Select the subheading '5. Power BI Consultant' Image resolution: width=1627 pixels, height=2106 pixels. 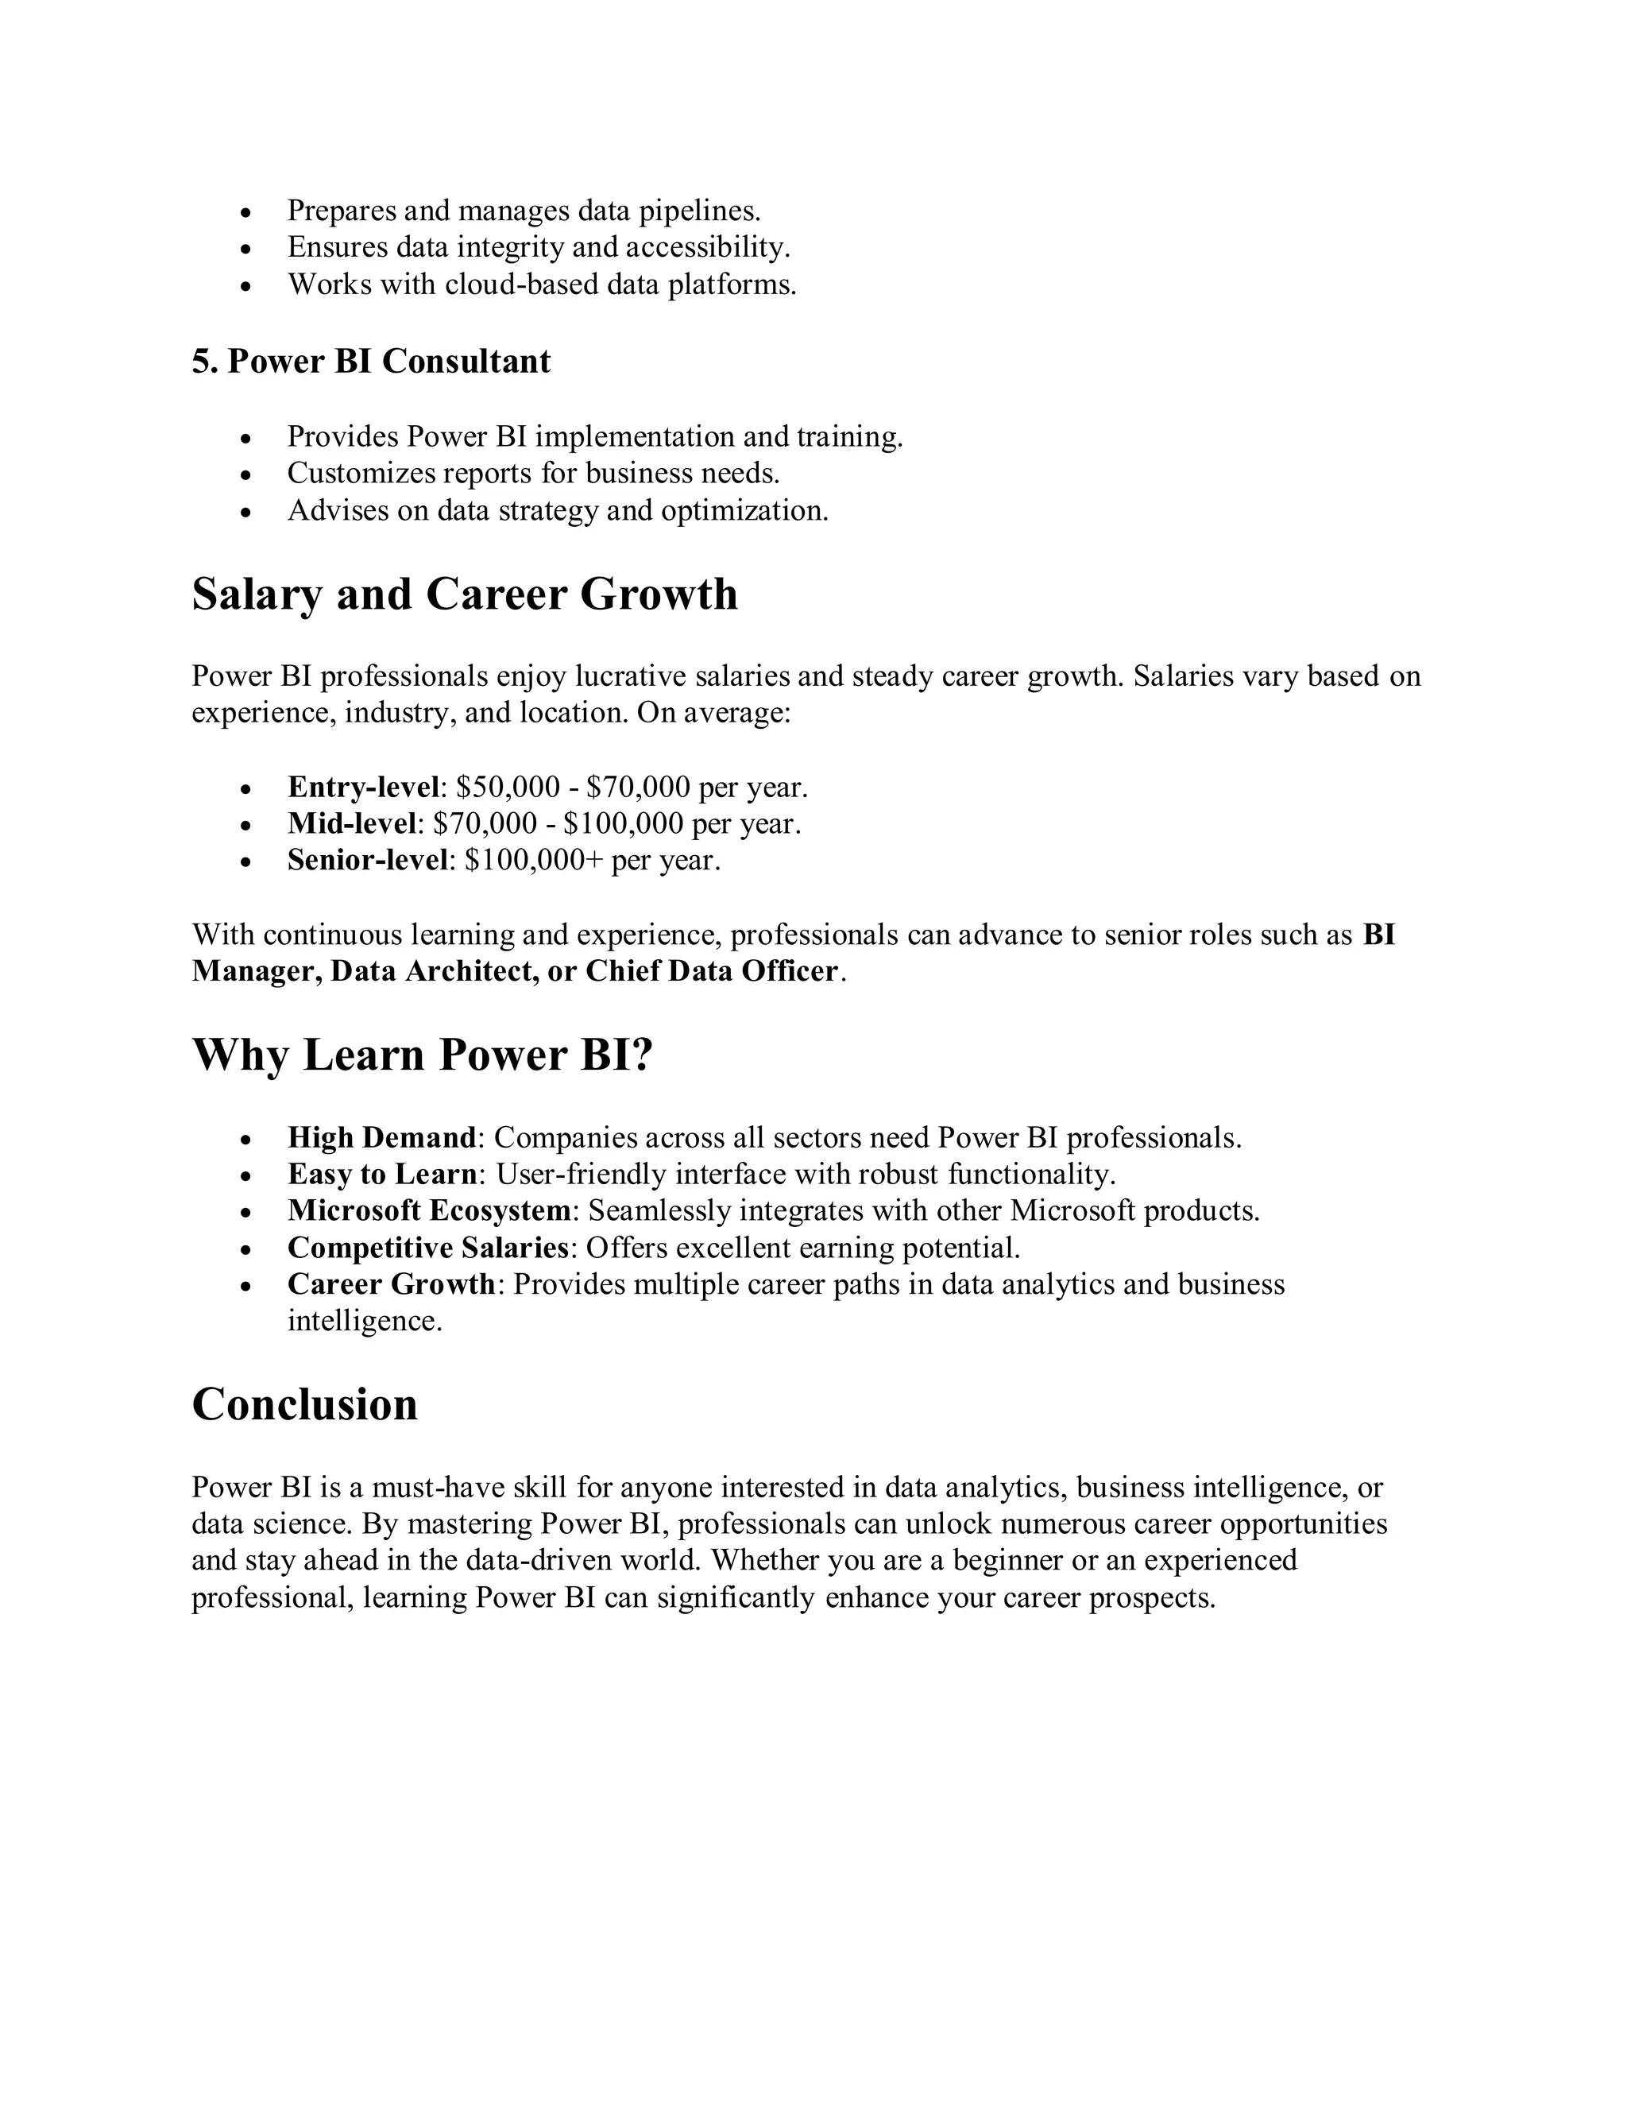click(371, 362)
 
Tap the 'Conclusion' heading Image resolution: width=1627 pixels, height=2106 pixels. click(304, 1404)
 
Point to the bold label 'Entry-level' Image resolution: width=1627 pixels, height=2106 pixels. click(363, 788)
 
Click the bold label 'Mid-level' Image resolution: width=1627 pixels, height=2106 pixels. click(353, 823)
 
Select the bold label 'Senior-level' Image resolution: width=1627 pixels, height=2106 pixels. click(368, 860)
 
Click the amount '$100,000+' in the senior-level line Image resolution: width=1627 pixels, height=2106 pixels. click(533, 860)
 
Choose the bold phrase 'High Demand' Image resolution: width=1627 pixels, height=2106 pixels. click(381, 1138)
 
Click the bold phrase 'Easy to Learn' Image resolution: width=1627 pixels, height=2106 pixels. click(381, 1175)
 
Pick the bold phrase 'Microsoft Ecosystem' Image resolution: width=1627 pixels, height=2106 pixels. click(430, 1211)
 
